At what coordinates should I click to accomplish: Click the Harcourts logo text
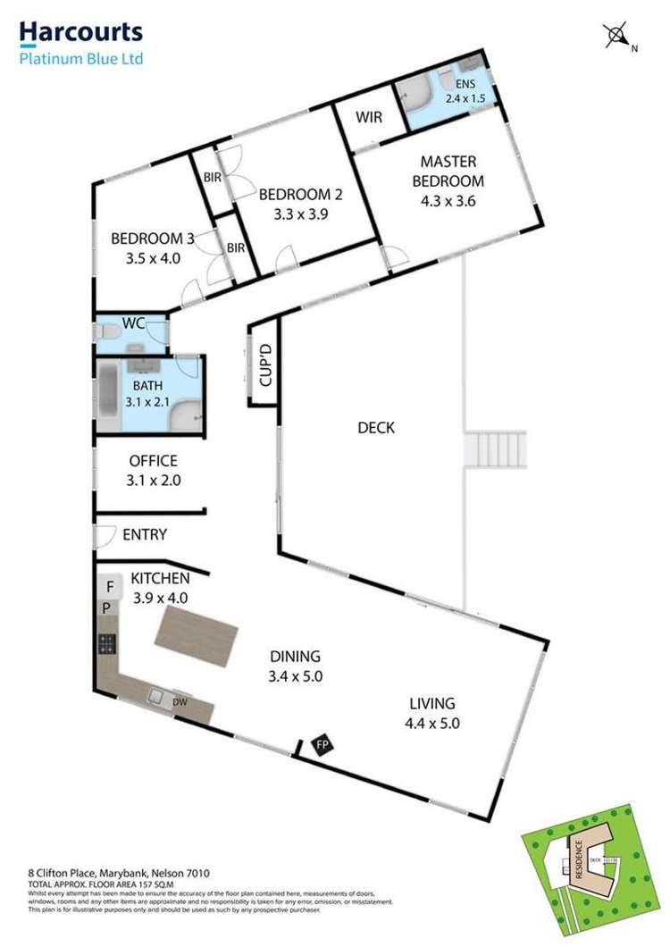81,34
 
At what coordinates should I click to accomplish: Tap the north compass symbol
617,37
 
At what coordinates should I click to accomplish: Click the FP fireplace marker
319,743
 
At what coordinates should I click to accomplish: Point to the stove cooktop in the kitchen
107,643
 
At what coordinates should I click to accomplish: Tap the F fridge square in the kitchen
109,587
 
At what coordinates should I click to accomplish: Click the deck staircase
494,449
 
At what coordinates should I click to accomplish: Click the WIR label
370,117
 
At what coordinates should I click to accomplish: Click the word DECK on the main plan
376,428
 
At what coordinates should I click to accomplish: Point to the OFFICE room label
154,461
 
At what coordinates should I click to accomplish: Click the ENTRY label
145,534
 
